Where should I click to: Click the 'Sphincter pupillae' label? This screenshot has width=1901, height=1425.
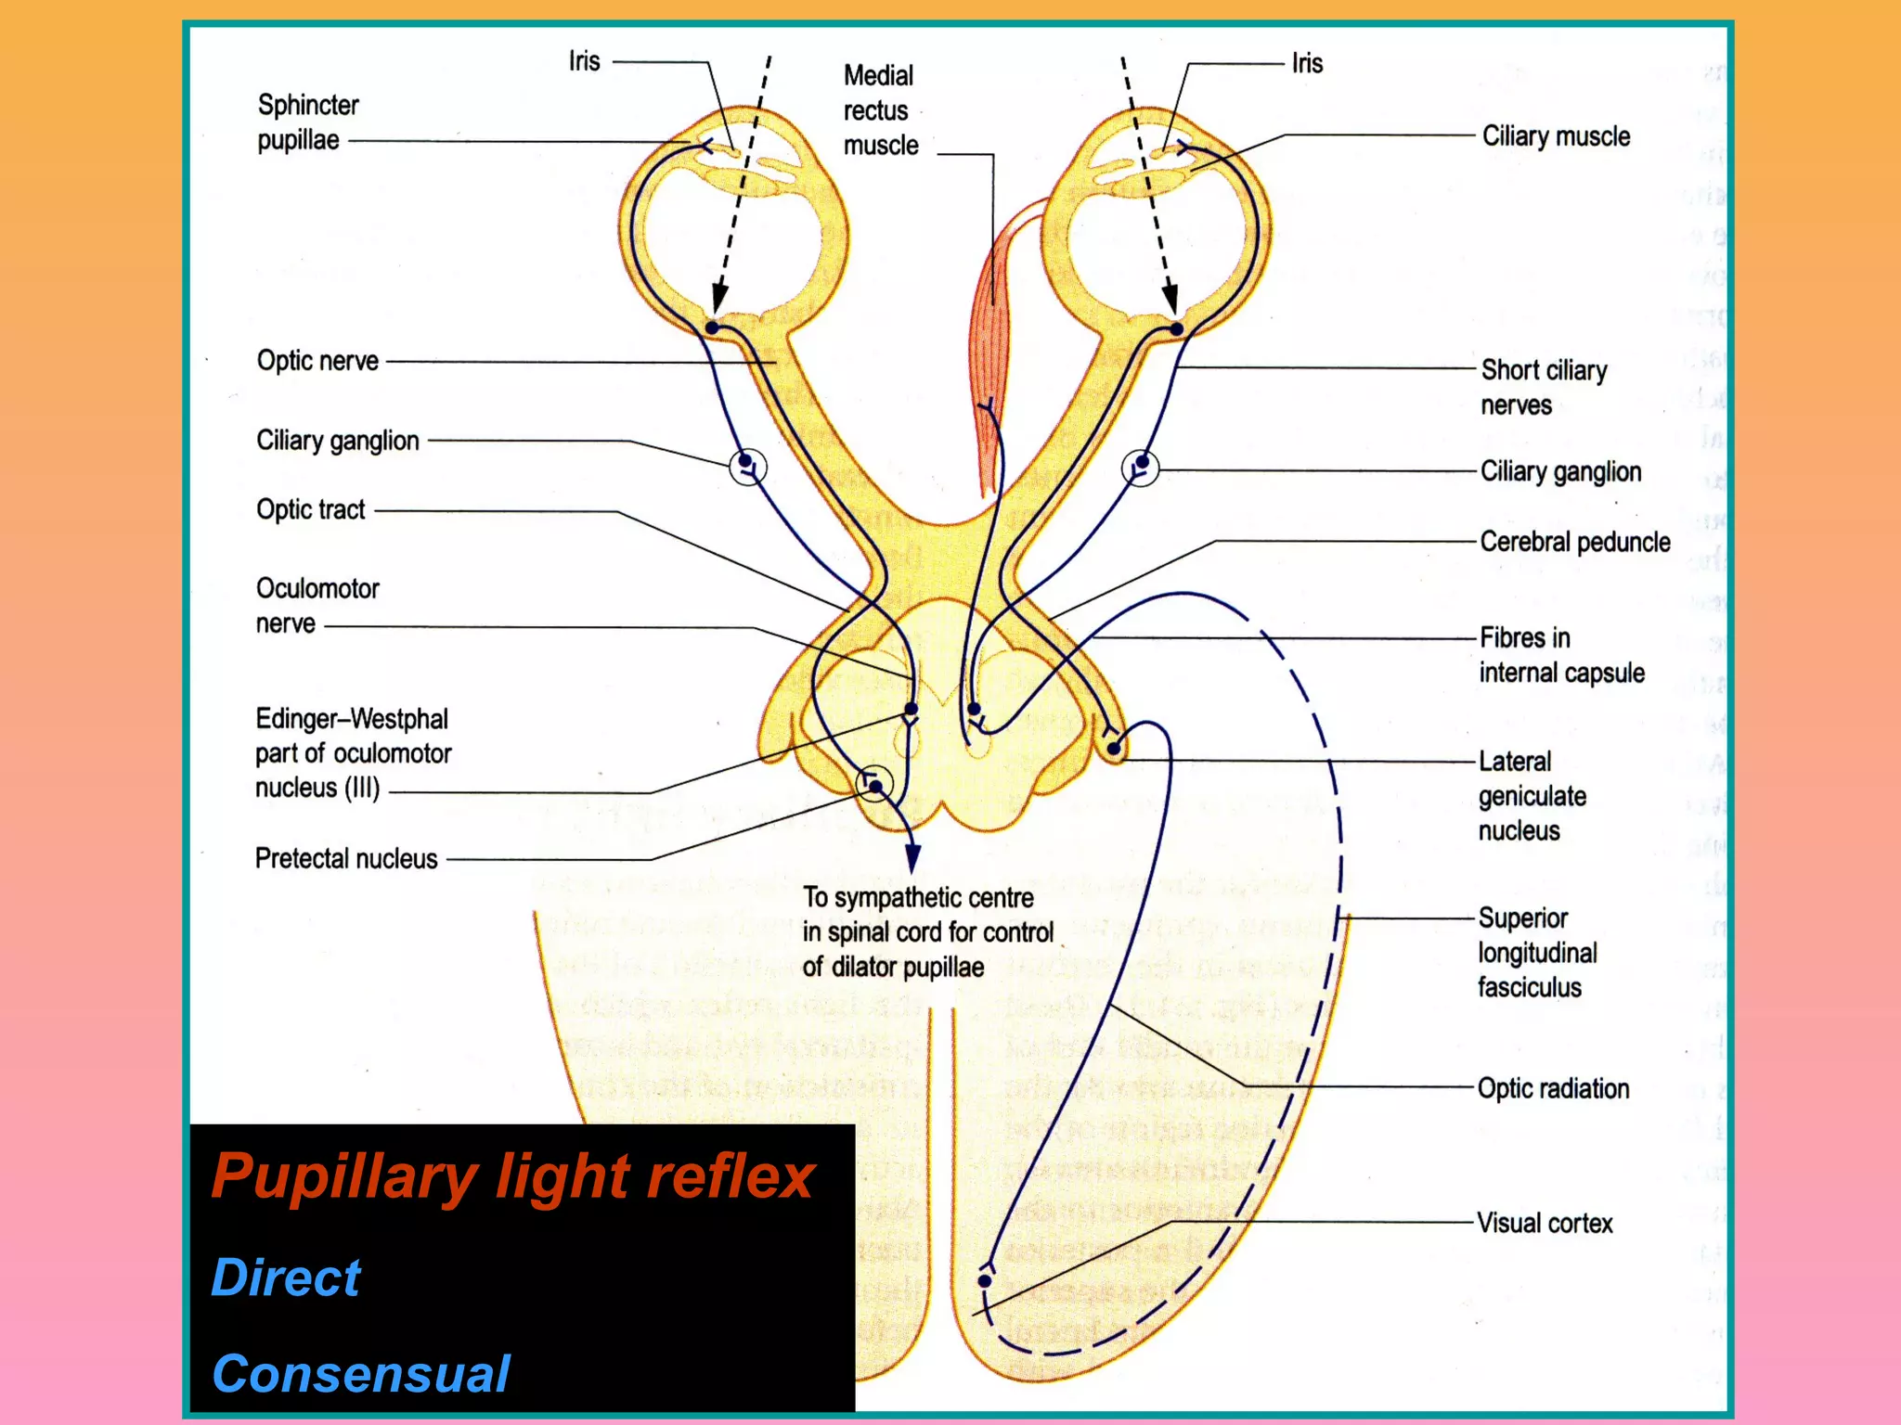click(x=307, y=122)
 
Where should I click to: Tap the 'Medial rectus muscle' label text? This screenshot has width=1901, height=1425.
click(x=879, y=110)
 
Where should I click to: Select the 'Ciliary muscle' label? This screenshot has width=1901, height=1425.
click(x=1556, y=136)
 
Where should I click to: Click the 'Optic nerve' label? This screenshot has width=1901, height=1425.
click(x=317, y=361)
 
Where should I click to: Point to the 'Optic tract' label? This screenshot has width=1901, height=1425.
click(x=311, y=510)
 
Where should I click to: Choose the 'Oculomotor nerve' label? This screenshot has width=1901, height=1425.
click(x=317, y=606)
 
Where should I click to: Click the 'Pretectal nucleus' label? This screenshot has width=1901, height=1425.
click(x=346, y=859)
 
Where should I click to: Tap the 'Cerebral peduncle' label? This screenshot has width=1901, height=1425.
click(x=1574, y=542)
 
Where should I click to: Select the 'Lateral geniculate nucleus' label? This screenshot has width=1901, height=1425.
click(x=1532, y=796)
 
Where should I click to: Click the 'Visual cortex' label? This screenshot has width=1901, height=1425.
click(x=1545, y=1224)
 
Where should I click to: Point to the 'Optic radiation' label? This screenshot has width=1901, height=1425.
click(x=1553, y=1089)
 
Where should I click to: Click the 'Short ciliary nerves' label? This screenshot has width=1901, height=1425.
click(x=1543, y=388)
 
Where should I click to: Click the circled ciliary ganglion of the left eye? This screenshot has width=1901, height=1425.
click(x=747, y=467)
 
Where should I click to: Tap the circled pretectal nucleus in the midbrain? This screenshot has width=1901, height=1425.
click(x=873, y=785)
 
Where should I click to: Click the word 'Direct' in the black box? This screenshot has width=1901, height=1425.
click(x=286, y=1277)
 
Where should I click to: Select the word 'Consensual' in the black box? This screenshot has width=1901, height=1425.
click(x=360, y=1374)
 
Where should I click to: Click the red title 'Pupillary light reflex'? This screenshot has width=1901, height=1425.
click(x=512, y=1176)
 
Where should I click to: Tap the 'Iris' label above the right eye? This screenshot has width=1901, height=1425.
click(x=1307, y=63)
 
